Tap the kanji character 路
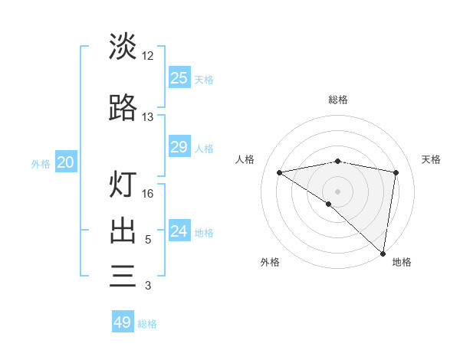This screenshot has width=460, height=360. tap(123, 109)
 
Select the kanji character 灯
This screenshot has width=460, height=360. tap(123, 184)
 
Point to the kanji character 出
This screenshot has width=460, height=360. tap(123, 231)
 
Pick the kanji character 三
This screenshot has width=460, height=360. tap(123, 276)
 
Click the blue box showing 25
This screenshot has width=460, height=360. tap(179, 78)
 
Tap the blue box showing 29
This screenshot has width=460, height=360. tap(179, 147)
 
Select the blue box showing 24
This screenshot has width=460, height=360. tap(179, 231)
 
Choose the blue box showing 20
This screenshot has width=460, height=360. tap(66, 162)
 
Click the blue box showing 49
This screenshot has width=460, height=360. tap(123, 322)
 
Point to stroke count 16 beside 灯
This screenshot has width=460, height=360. tap(148, 194)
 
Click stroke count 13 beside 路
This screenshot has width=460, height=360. tap(148, 117)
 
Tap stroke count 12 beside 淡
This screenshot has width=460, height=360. tap(148, 56)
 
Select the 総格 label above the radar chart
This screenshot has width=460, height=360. tap(338, 100)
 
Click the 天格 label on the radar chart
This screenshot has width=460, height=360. tap(432, 159)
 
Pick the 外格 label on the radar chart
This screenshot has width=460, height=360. tap(270, 262)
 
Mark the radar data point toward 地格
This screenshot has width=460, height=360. tap(383, 253)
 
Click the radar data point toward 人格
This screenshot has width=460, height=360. tap(280, 172)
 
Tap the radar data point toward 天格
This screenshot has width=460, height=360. tap(396, 172)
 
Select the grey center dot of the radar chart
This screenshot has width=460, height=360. tap(338, 191)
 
